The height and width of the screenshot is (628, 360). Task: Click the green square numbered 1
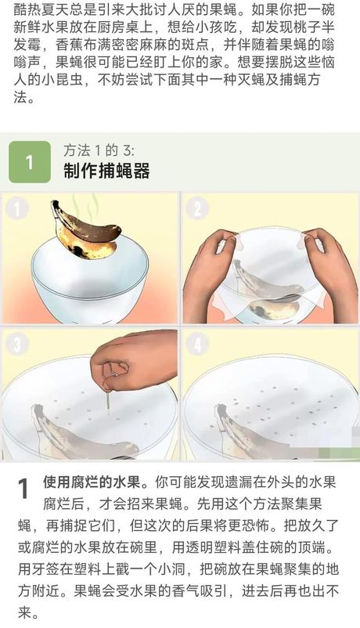click(30, 162)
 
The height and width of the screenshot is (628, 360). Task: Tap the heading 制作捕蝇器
click(106, 171)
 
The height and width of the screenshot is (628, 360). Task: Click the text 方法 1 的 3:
click(99, 150)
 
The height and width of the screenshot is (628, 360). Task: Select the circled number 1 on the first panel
click(17, 208)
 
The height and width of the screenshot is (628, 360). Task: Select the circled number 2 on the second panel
click(197, 208)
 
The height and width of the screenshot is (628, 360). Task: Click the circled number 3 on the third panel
click(17, 345)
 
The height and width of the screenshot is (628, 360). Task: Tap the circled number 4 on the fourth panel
click(197, 345)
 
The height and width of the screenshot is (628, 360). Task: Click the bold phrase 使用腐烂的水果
click(92, 482)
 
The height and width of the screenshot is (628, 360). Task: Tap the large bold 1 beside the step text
click(24, 489)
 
